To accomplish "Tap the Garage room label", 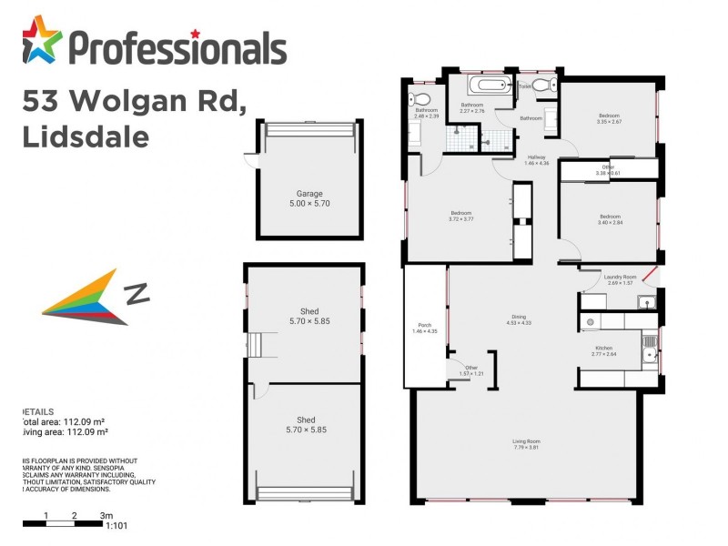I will coord(309,198).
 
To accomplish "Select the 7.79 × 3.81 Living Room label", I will coord(526,444).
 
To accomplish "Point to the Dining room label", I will coord(517,318).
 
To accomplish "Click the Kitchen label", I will coord(604,351).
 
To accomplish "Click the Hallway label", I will coord(537,159).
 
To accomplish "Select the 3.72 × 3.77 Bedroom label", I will coord(461,216).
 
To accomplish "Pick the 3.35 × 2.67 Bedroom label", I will coord(609,118).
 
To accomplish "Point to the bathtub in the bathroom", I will coord(490,87).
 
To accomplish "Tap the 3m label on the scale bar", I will coord(106,515).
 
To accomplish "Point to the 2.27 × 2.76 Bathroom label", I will coord(471,108).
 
